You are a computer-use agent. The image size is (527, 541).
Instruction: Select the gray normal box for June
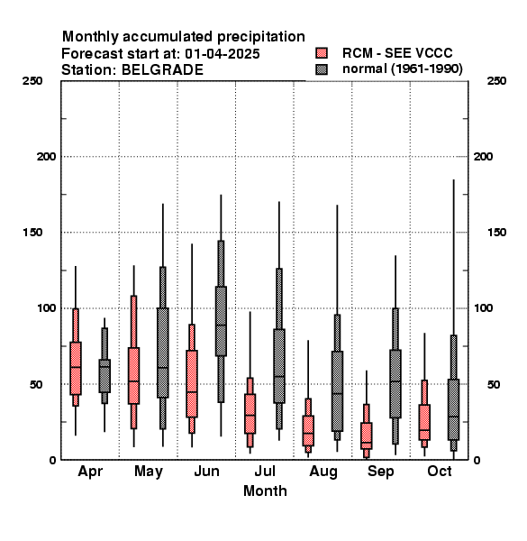(x=221, y=321)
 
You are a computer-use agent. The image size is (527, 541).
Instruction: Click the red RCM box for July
(x=250, y=414)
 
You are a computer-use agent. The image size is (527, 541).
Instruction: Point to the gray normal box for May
(x=163, y=353)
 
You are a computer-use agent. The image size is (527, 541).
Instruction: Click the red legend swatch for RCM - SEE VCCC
(x=322, y=53)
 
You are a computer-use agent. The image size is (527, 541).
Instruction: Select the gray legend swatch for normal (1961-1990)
(x=322, y=69)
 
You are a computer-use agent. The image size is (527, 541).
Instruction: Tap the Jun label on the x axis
(x=206, y=472)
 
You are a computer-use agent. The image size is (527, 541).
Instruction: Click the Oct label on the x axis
(x=439, y=472)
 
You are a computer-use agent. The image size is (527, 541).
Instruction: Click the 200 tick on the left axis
(x=46, y=157)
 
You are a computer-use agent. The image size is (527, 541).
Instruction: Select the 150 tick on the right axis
(x=496, y=233)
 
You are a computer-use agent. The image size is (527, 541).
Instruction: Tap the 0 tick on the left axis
(x=52, y=460)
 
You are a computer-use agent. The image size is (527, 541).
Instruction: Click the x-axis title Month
(x=265, y=491)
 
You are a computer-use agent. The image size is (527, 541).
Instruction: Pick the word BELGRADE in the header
(x=162, y=70)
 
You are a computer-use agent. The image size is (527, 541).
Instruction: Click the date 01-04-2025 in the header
(x=223, y=54)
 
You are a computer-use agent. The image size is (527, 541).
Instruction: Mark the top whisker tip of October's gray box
(x=454, y=179)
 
